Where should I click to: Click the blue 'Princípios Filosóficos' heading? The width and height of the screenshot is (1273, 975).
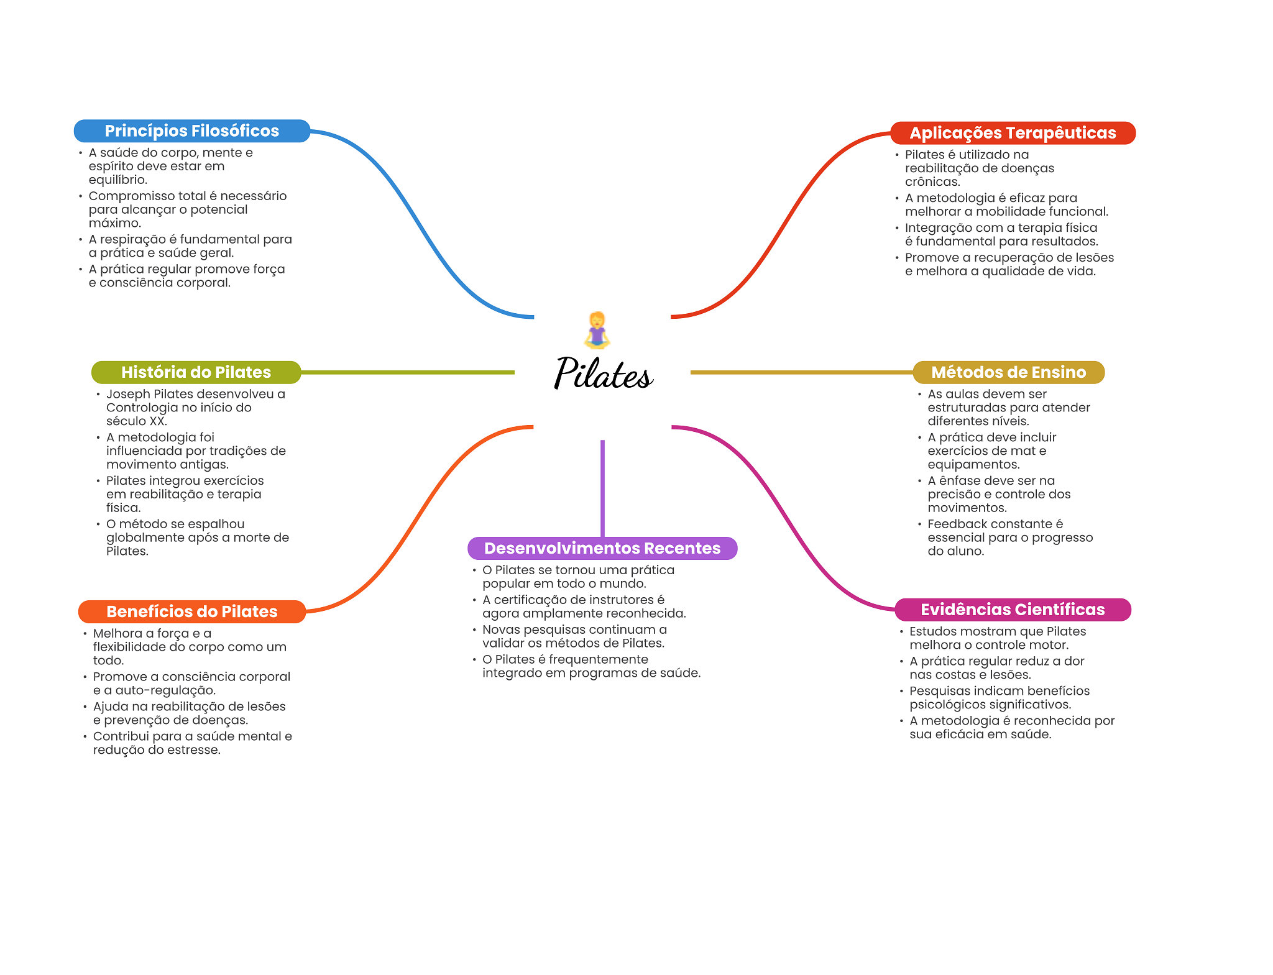pyautogui.click(x=191, y=131)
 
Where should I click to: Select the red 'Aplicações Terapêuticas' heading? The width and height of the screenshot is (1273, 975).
pyautogui.click(x=1013, y=133)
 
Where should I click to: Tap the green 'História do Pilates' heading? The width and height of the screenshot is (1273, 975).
pyautogui.click(x=196, y=372)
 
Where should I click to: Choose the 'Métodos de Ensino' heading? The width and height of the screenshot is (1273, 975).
pyautogui.click(x=1008, y=372)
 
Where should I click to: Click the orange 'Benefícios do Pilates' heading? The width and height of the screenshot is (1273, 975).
pyautogui.click(x=191, y=611)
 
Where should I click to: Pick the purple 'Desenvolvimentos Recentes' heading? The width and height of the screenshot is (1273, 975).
pyautogui.click(x=602, y=548)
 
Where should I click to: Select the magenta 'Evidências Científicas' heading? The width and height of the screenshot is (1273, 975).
pyautogui.click(x=1013, y=610)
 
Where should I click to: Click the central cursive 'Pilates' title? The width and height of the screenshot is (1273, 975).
pyautogui.click(x=602, y=373)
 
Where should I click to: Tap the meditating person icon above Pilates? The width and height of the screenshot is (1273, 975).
pyautogui.click(x=597, y=330)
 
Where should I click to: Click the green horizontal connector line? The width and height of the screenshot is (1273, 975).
pyautogui.click(x=407, y=372)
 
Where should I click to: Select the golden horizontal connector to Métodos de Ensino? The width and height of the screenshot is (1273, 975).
pyautogui.click(x=801, y=372)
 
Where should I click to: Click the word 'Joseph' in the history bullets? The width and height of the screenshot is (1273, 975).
pyautogui.click(x=128, y=394)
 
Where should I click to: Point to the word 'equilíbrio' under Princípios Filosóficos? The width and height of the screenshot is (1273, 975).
pyautogui.click(x=117, y=180)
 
